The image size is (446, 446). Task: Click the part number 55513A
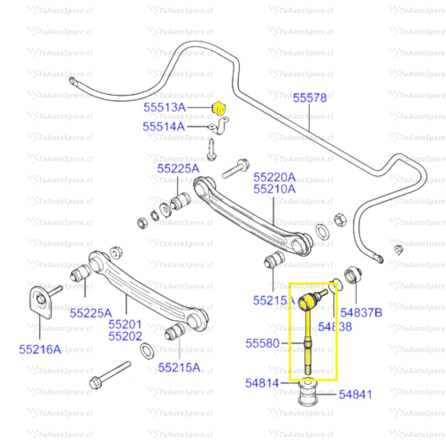point(164,108)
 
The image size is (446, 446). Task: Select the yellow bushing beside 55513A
point(218,109)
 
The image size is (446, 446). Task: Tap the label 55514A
point(164,127)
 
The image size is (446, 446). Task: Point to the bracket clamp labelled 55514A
point(221,126)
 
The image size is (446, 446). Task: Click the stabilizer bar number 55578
point(310,98)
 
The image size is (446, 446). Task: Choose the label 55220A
point(274,177)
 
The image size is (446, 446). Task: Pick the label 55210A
point(274,189)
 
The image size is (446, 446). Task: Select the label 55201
point(125,324)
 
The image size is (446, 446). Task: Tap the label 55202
point(125,337)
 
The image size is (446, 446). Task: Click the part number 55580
point(263,343)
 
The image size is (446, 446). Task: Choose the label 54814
point(262,383)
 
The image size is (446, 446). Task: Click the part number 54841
point(356,394)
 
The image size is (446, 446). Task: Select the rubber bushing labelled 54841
point(308,394)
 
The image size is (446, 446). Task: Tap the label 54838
point(335,327)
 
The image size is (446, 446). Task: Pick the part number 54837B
point(361,313)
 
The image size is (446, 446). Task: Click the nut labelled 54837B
point(353,275)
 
